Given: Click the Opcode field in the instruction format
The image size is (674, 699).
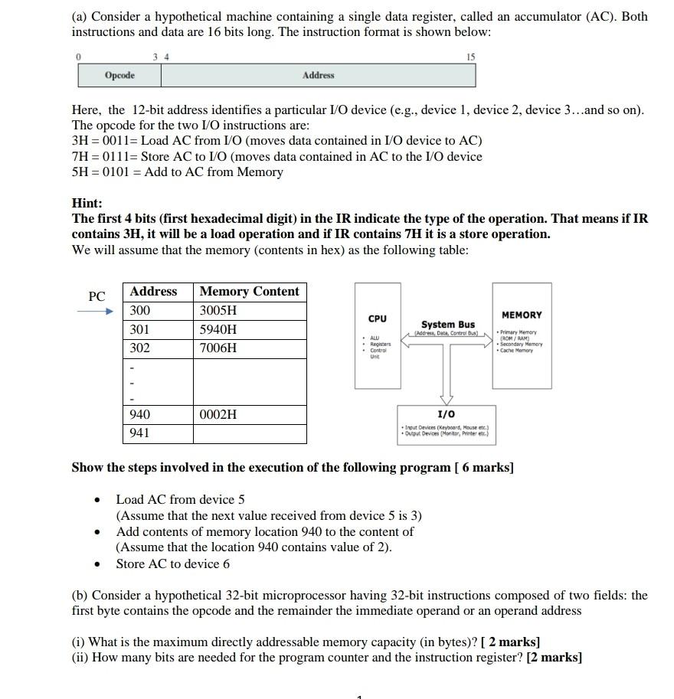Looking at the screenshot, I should [x=119, y=75].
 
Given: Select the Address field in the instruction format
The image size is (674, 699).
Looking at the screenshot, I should [x=318, y=75].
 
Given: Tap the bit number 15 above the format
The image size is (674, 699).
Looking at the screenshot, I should [x=470, y=57].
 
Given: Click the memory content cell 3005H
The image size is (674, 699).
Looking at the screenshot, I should [x=218, y=311].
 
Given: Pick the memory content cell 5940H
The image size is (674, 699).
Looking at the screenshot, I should [x=218, y=330].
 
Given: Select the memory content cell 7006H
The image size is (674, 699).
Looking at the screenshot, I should [x=218, y=348].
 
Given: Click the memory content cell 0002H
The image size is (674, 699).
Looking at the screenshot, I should [x=218, y=414].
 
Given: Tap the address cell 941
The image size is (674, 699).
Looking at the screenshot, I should [x=140, y=433].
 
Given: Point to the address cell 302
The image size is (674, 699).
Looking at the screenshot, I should [x=140, y=348].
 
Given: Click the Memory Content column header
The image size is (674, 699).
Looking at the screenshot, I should [x=249, y=292].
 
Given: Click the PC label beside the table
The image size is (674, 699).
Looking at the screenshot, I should [x=97, y=296].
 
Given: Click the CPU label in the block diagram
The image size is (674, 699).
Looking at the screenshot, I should [x=378, y=318].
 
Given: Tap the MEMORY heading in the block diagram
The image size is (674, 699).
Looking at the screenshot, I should [x=522, y=315].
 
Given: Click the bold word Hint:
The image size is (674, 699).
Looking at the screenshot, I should [x=87, y=203].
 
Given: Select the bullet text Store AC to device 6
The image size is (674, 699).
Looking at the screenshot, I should [x=172, y=564].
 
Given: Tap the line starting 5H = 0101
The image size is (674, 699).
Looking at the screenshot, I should [x=177, y=172].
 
